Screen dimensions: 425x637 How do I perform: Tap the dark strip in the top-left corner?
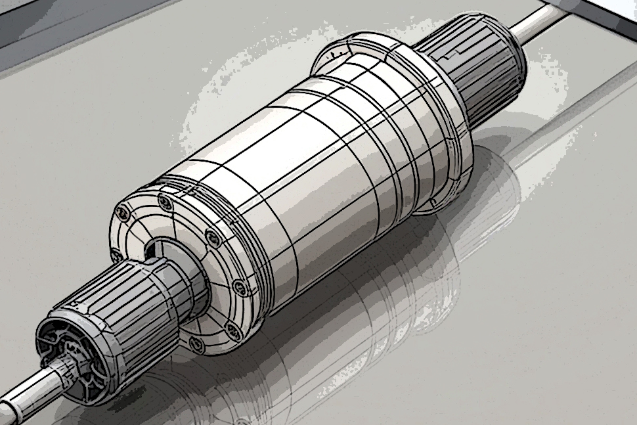39,26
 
